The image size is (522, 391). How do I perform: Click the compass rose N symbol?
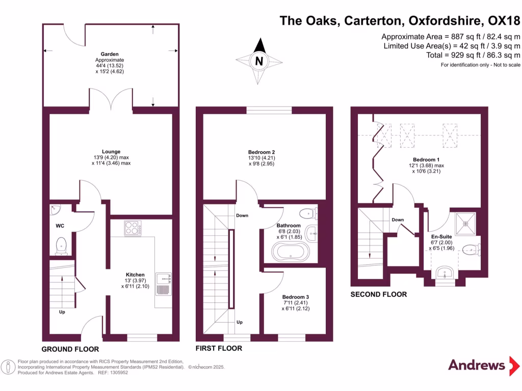tap(259, 62)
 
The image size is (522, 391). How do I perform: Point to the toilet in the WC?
tap(61, 245)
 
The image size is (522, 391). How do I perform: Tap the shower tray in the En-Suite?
tap(464, 222)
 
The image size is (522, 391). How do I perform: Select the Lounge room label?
tap(111, 151)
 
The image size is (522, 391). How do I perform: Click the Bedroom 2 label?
tap(262, 152)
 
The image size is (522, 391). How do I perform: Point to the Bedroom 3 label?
tap(296, 297)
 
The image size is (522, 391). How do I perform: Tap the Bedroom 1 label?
tap(426, 159)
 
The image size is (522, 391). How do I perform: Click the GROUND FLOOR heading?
tap(70, 349)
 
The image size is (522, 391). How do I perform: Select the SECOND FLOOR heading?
tap(379, 294)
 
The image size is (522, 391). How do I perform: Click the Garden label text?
tap(110, 53)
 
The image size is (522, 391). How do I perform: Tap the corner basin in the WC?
tap(56, 209)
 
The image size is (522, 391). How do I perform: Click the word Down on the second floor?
tap(398, 220)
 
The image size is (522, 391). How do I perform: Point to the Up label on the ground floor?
tap(62, 312)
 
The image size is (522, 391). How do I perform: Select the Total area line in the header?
tap(473, 55)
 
